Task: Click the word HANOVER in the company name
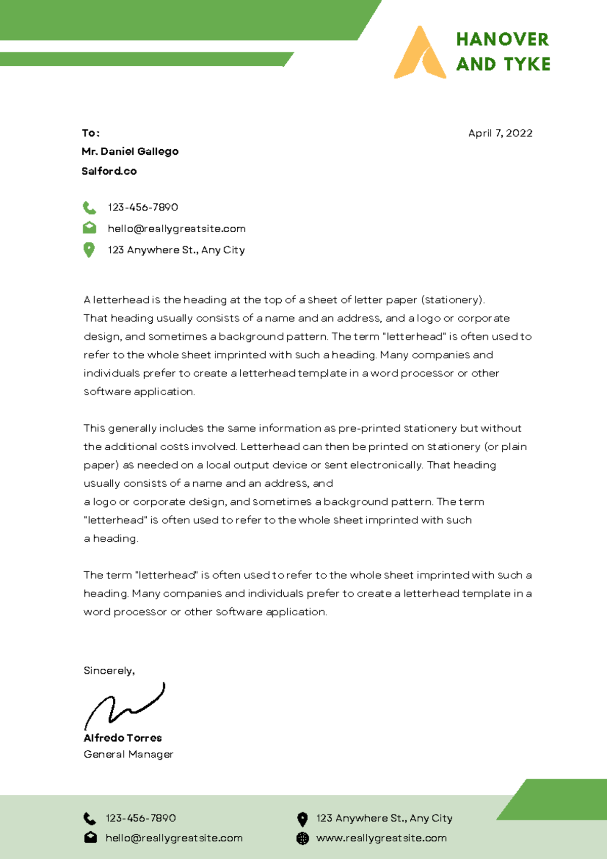pyautogui.click(x=502, y=39)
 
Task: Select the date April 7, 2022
pyautogui.click(x=500, y=133)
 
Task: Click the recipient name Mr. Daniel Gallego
pyautogui.click(x=130, y=151)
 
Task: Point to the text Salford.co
pyautogui.click(x=109, y=171)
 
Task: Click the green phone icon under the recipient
pyautogui.click(x=90, y=207)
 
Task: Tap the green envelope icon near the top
pyautogui.click(x=90, y=228)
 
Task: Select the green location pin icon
pyautogui.click(x=89, y=250)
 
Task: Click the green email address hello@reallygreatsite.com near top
pyautogui.click(x=177, y=229)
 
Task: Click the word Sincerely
pyautogui.click(x=109, y=670)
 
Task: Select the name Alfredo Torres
pyautogui.click(x=123, y=738)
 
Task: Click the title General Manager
pyautogui.click(x=128, y=754)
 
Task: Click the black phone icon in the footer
pyautogui.click(x=90, y=818)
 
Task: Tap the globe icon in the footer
pyautogui.click(x=302, y=838)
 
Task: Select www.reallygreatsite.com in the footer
pyautogui.click(x=381, y=838)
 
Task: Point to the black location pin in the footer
pyautogui.click(x=302, y=819)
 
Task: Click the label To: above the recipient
pyautogui.click(x=91, y=133)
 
